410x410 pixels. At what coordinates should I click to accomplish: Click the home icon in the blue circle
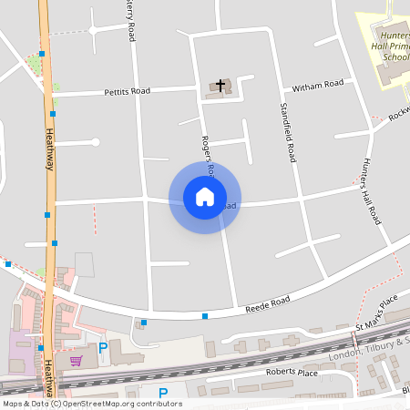pos(204,197)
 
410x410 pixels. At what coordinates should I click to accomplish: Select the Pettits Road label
pos(127,91)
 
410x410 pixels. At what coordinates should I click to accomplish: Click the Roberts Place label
pos(291,373)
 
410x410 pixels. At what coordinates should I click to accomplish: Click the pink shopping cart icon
pos(76,361)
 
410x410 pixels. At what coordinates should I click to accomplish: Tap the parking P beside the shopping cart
pos(103,347)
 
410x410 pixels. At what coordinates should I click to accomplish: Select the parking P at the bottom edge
pos(163,394)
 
